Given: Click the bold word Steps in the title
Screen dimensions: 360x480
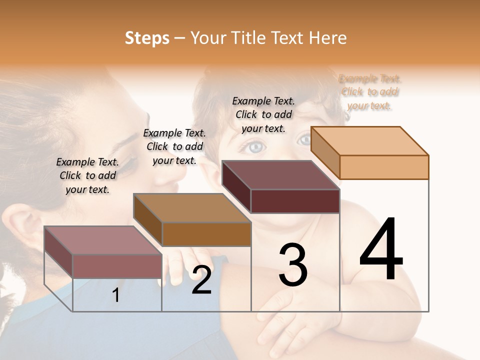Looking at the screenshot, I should tap(147, 38).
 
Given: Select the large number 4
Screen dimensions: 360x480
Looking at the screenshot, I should tap(381, 250).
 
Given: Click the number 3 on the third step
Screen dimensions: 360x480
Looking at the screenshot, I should tap(293, 265).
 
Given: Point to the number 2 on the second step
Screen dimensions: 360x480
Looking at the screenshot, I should tap(201, 280).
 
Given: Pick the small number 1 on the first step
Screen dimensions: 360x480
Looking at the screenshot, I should tap(116, 295).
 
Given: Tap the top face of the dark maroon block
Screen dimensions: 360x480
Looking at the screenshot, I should tap(280, 175).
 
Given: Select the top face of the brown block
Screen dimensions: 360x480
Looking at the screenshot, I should tap(192, 208).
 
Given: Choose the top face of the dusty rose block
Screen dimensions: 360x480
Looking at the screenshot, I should tap(103, 240).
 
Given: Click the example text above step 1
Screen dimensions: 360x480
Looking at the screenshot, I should tap(87, 175).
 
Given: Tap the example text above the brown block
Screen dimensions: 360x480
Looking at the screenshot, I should tap(174, 146).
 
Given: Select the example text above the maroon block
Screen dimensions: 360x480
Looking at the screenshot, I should tap(263, 114).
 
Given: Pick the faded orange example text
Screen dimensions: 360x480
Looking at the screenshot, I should tap(369, 92).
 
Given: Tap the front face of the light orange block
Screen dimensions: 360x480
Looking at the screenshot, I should tap(384, 167).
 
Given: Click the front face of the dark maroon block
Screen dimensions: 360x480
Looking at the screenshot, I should tap(295, 201).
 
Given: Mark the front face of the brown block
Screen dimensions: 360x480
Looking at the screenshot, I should tap(206, 234).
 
